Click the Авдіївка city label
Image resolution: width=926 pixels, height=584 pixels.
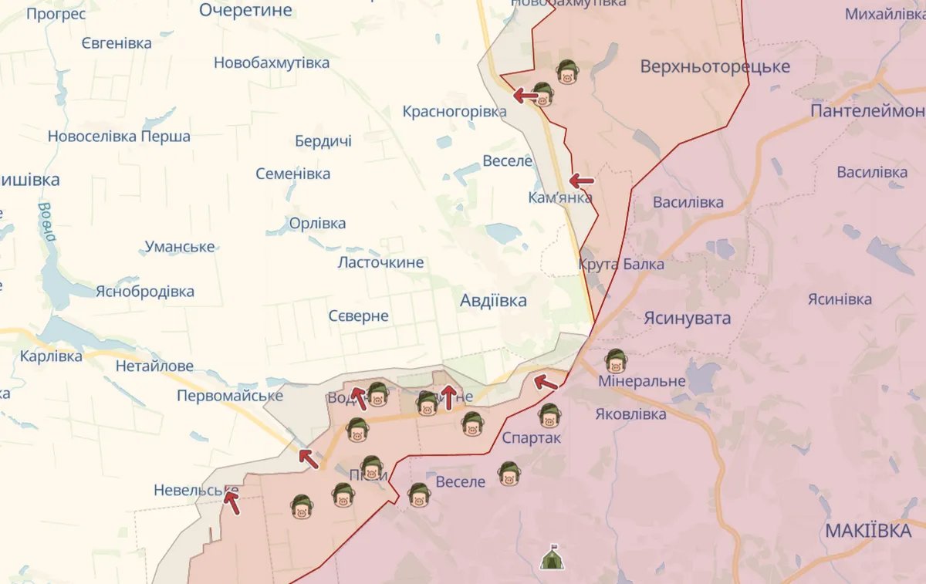(493, 300)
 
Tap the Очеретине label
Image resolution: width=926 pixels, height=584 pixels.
(245, 10)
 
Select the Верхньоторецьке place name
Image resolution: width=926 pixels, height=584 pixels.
(715, 67)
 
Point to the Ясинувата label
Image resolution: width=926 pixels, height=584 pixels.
(687, 319)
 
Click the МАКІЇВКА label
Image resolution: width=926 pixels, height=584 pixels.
(868, 531)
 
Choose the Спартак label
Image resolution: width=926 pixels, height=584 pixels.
(532, 438)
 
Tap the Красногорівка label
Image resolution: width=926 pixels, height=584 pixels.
(455, 112)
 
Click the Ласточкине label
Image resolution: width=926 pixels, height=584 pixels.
(380, 262)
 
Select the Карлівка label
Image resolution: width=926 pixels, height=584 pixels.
(51, 357)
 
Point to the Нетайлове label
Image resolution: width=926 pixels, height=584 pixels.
(154, 366)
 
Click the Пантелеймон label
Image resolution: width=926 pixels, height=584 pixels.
(867, 112)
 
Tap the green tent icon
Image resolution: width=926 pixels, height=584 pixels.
(551, 557)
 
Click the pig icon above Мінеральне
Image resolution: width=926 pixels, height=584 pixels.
(615, 360)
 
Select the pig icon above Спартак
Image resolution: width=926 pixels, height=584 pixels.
(549, 415)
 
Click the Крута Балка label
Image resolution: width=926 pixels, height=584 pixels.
(620, 265)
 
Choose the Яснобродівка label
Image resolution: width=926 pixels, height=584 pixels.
(144, 292)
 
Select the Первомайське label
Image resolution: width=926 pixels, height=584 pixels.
(230, 396)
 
